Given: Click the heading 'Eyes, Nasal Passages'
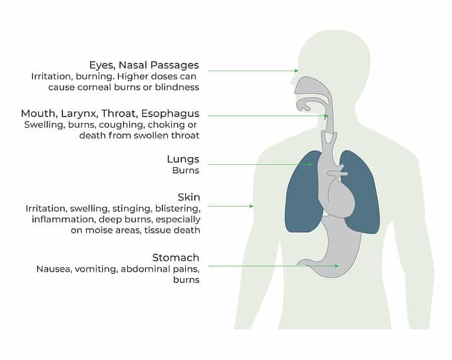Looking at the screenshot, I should (x=144, y=65).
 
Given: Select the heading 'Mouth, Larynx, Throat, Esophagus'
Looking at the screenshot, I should (x=110, y=114).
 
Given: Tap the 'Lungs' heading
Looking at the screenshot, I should (x=183, y=159).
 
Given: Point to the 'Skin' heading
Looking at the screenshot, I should (x=189, y=197).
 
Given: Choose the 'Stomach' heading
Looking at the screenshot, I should (x=175, y=258).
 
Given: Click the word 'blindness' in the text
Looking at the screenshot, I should (x=177, y=87).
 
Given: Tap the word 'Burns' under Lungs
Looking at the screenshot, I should (x=185, y=171).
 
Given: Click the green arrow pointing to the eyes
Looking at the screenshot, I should (x=253, y=71).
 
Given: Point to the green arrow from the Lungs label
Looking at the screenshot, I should (x=259, y=165).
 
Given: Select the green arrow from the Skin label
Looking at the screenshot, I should (x=231, y=206).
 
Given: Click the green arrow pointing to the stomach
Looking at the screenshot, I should (x=274, y=266).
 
